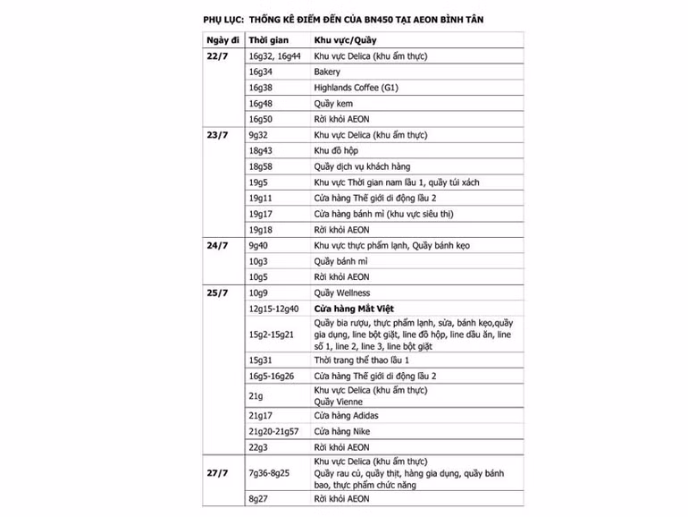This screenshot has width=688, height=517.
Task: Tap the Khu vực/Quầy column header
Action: (346, 41)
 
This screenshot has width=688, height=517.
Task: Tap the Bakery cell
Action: (327, 72)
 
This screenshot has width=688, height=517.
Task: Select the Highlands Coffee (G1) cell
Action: (356, 88)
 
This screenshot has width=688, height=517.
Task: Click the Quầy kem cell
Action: (333, 104)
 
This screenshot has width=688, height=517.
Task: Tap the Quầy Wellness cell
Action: (342, 293)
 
